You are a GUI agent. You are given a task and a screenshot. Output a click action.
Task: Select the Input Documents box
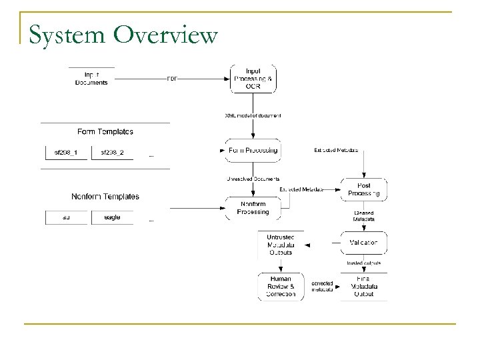tap(91, 78)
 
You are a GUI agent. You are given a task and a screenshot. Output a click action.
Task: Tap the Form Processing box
tap(253, 151)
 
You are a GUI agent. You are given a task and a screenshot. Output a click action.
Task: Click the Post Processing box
tap(363, 189)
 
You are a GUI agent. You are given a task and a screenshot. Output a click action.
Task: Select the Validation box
tap(363, 243)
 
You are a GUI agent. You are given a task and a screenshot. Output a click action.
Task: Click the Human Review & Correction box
tap(280, 285)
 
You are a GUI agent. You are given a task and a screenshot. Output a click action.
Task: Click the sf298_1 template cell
tap(66, 153)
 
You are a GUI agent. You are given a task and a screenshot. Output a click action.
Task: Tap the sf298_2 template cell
tap(112, 153)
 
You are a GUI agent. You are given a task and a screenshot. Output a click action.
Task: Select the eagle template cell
tap(112, 217)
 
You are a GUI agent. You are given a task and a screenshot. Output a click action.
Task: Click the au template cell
tap(66, 217)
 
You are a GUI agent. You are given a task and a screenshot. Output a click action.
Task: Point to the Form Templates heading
tap(105, 131)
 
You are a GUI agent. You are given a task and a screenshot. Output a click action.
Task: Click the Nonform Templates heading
tap(105, 197)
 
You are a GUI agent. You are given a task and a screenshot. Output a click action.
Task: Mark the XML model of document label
tap(253, 115)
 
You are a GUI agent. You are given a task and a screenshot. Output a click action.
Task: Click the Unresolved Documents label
tap(253, 179)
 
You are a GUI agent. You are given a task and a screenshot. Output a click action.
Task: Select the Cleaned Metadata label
tap(363, 215)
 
